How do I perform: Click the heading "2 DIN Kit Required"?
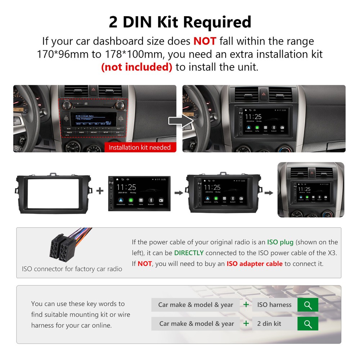point(180,22)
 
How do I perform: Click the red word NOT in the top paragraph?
point(204,41)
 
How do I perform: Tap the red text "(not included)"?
point(136,67)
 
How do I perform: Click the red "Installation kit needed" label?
point(140,147)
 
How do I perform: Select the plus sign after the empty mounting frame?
point(100,191)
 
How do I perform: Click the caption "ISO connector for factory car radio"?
point(72,269)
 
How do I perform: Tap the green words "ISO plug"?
point(280,242)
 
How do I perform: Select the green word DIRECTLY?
point(189,253)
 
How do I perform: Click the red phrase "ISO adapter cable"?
point(255,264)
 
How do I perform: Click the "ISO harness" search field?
point(274,305)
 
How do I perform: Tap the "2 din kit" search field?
point(274,323)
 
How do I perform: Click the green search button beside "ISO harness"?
point(308,305)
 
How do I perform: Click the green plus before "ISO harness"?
point(246,305)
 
